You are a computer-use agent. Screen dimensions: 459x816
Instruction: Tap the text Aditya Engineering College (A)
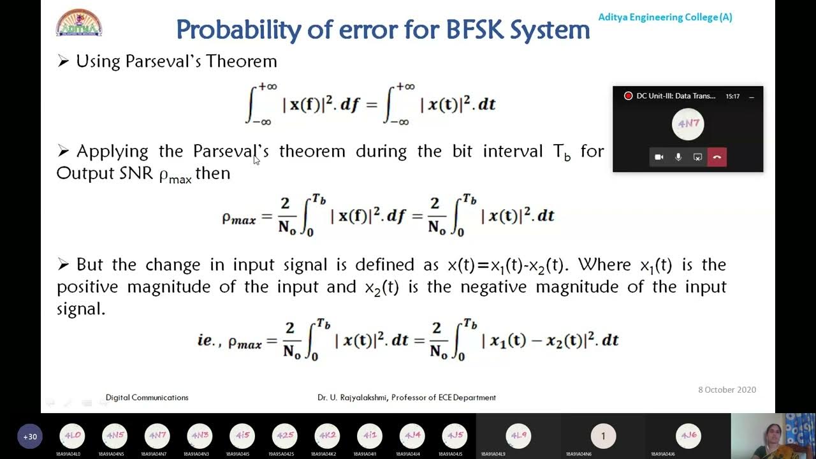pyautogui.click(x=665, y=17)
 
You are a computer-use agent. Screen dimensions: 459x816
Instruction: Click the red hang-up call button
pyautogui.click(x=717, y=157)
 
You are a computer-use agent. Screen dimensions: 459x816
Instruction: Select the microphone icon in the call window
pyautogui.click(x=678, y=157)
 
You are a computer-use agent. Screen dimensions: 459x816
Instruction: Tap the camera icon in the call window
pyautogui.click(x=659, y=157)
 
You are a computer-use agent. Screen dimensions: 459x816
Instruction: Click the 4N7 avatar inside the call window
pyautogui.click(x=688, y=124)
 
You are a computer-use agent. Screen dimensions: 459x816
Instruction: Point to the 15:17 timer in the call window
pyautogui.click(x=732, y=96)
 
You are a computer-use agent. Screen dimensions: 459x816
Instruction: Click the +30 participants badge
pyautogui.click(x=30, y=437)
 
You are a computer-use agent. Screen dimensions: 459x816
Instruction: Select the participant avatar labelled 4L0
pyautogui.click(x=72, y=436)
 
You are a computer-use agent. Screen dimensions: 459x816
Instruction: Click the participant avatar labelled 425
pyautogui.click(x=284, y=436)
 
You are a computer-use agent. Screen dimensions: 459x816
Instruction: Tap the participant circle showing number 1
pyautogui.click(x=603, y=436)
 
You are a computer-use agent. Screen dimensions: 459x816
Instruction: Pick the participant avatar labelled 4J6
pyautogui.click(x=688, y=436)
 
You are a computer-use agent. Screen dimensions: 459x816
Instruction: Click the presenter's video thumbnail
pyautogui.click(x=773, y=435)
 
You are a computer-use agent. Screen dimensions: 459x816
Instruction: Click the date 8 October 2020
pyautogui.click(x=727, y=390)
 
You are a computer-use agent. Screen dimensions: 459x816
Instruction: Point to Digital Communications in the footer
pyautogui.click(x=147, y=397)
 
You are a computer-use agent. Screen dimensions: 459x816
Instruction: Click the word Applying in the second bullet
pyautogui.click(x=113, y=151)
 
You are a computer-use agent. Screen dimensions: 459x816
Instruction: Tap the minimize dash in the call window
pyautogui.click(x=751, y=96)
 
